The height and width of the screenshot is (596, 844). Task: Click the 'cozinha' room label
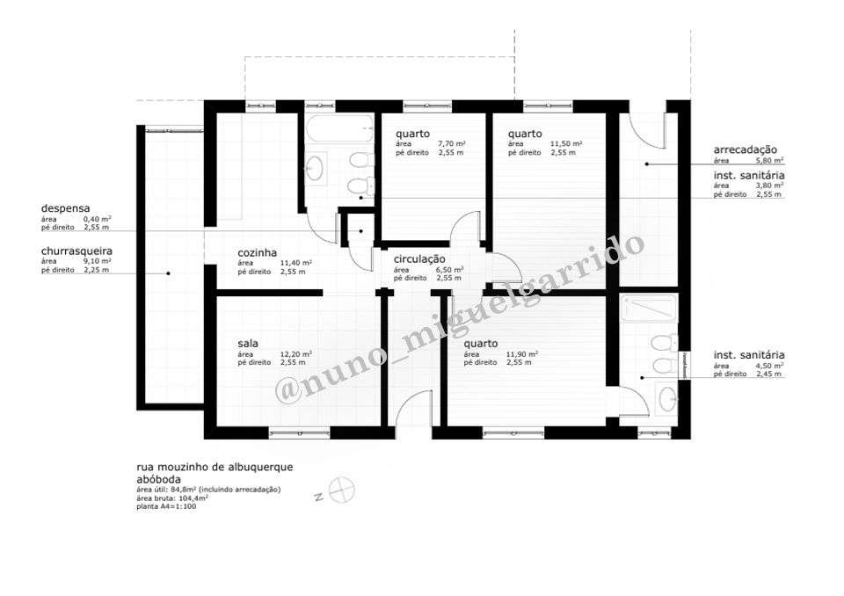(x=257, y=253)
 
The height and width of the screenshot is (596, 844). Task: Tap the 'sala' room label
(x=247, y=344)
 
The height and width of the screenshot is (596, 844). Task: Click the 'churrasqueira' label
(x=76, y=251)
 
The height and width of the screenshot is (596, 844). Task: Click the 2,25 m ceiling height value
(x=97, y=270)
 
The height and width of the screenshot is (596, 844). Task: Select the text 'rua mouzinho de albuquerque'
(x=215, y=467)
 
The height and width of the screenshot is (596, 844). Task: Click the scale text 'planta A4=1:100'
(x=166, y=506)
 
